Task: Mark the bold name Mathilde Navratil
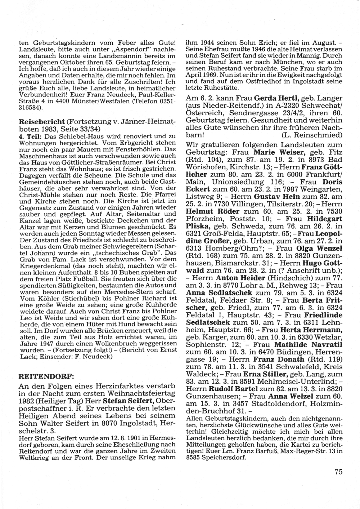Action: coord(312,345)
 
